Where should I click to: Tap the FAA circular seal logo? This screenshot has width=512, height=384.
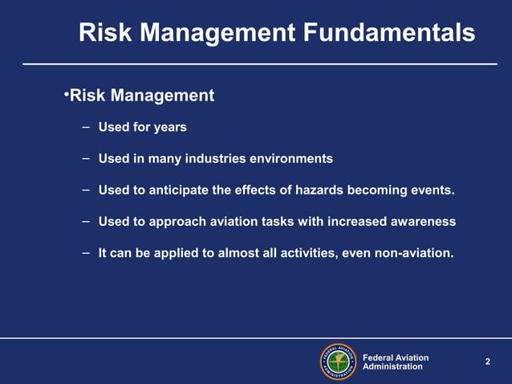tap(338, 362)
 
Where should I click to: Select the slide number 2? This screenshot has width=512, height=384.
tap(487, 362)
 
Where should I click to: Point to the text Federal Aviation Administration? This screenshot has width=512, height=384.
tap(396, 362)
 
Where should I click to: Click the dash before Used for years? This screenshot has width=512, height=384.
tap(84, 127)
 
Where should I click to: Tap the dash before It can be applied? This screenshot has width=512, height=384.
tap(84, 252)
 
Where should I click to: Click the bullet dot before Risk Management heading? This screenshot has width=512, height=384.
tap(67, 95)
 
